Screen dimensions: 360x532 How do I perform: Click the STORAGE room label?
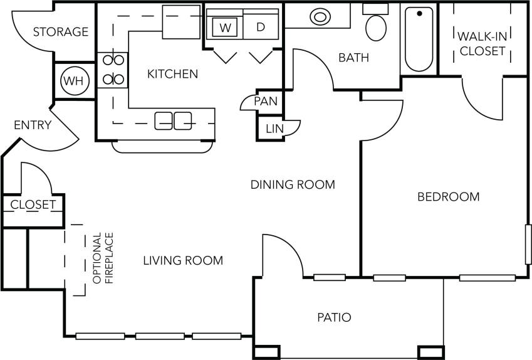61,32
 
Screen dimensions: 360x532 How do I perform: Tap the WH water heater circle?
75,80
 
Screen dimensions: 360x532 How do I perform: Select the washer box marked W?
224,28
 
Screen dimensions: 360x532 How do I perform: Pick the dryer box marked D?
261,28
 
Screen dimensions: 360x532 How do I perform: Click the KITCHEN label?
172,74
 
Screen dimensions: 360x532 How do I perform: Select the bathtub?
419,39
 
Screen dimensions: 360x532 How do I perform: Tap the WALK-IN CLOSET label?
482,43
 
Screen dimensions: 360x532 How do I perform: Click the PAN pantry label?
266,101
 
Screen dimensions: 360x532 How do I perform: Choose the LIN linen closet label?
274,129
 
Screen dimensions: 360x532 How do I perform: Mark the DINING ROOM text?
293,184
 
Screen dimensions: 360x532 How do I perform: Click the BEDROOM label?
448,197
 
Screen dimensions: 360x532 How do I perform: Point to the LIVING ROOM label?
182,260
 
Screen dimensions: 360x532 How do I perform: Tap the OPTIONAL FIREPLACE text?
103,258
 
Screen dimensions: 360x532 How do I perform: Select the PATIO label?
333,317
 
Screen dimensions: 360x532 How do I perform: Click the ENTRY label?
33,125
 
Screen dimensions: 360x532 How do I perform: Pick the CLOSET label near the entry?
33,204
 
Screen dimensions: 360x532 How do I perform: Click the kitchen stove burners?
112,69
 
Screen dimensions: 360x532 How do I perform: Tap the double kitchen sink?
174,120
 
